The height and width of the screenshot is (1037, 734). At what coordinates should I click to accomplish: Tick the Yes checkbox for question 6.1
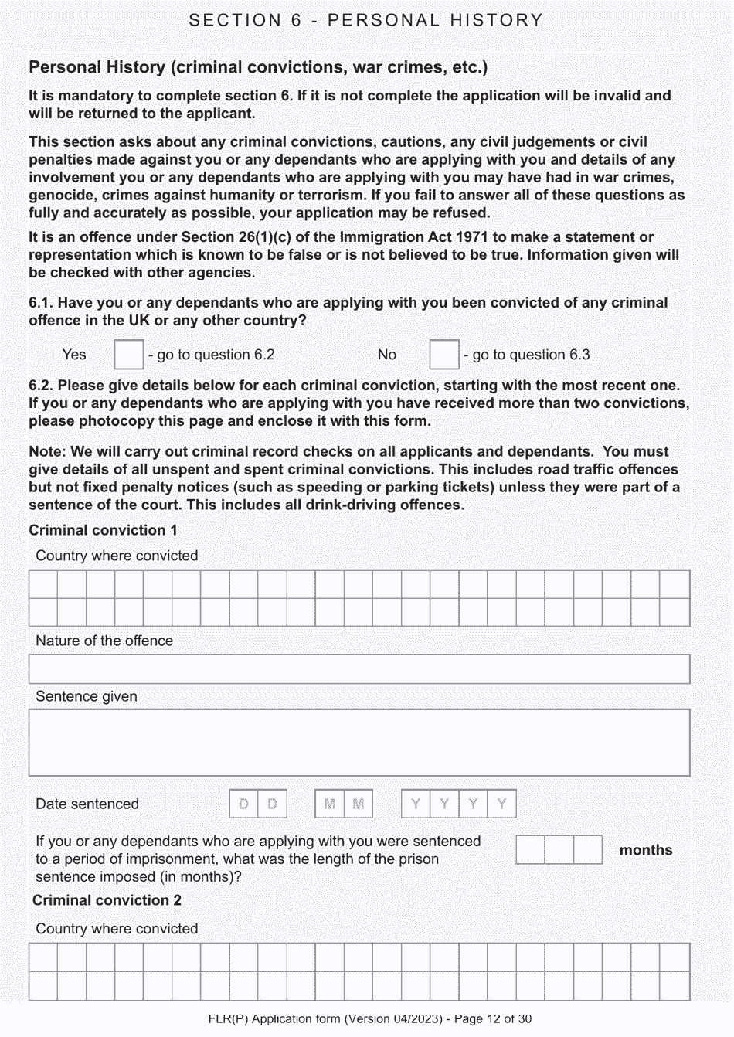pyautogui.click(x=128, y=355)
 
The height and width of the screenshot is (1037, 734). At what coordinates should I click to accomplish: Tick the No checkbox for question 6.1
pyautogui.click(x=443, y=355)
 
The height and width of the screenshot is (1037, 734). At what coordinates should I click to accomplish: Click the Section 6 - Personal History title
pyautogui.click(x=366, y=20)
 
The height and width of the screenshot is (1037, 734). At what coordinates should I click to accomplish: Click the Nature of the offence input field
pyautogui.click(x=359, y=669)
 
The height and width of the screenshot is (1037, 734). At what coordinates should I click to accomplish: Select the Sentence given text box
pyautogui.click(x=359, y=743)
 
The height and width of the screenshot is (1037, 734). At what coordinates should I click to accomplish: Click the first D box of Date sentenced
pyautogui.click(x=243, y=804)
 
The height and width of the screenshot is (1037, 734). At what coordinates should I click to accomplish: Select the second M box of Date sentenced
pyautogui.click(x=359, y=804)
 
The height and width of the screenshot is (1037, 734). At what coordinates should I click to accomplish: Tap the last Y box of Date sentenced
pyautogui.click(x=501, y=804)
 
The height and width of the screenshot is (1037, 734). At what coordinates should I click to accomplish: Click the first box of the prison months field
pyautogui.click(x=530, y=850)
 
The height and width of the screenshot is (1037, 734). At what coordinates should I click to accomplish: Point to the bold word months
pyautogui.click(x=646, y=850)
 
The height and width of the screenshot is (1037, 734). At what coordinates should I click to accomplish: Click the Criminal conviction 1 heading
pyautogui.click(x=103, y=530)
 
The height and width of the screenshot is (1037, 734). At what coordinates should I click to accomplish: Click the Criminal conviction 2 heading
pyautogui.click(x=107, y=900)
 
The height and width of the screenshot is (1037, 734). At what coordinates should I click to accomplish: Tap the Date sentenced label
pyautogui.click(x=87, y=804)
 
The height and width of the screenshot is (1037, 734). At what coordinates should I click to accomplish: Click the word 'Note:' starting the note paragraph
pyautogui.click(x=48, y=451)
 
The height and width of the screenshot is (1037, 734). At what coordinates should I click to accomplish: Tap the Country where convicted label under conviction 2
pyautogui.click(x=117, y=929)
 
